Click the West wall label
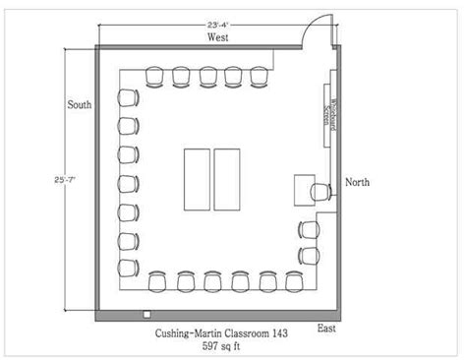pyautogui.click(x=218, y=37)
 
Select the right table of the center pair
pyautogui.click(x=228, y=179)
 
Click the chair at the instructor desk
pyautogui.click(x=321, y=189)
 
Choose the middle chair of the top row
pyautogui.click(x=207, y=76)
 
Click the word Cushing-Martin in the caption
pyautogui.click(x=197, y=334)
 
